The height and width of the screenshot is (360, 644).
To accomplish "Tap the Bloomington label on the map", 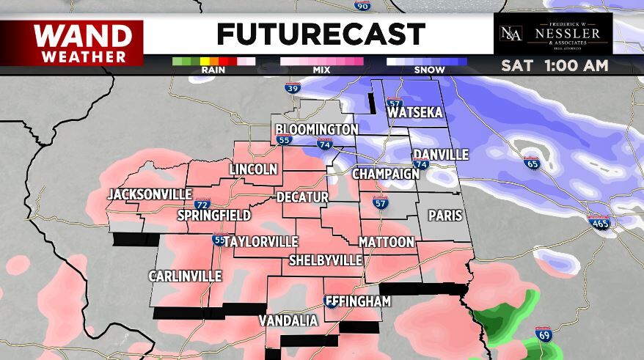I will (x=317, y=130).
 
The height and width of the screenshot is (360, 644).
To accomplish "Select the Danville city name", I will (x=440, y=155).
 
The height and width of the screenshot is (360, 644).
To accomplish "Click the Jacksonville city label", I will (x=150, y=195).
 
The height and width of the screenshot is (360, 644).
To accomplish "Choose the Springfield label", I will (x=214, y=216).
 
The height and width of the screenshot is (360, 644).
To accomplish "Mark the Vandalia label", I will (x=288, y=321).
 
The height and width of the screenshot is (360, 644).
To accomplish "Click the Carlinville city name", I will (x=185, y=276).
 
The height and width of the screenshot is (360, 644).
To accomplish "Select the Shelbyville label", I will (x=326, y=260).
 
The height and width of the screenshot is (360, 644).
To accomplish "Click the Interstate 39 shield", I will (x=293, y=89).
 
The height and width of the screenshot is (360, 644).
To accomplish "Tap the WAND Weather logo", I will (x=72, y=43).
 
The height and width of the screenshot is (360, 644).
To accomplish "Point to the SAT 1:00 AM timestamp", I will (x=555, y=65).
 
